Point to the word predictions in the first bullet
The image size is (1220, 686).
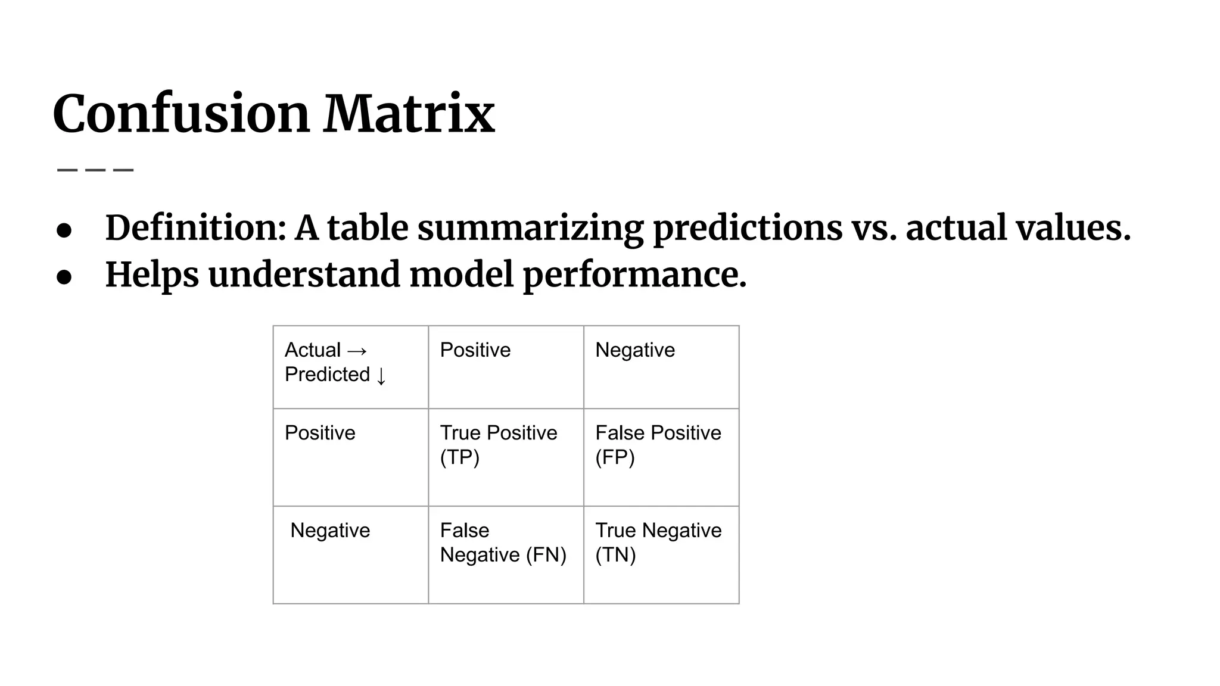pyautogui.click(x=748, y=229)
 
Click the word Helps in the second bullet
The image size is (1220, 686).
pyautogui.click(x=152, y=275)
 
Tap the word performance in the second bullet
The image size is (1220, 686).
pyautogui.click(x=634, y=275)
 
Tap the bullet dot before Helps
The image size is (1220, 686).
pyautogui.click(x=64, y=277)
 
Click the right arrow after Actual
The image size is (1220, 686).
pyautogui.click(x=357, y=351)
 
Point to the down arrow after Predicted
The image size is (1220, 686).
pyautogui.click(x=381, y=376)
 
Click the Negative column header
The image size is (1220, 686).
pyautogui.click(x=635, y=350)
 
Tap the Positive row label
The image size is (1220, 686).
pyautogui.click(x=320, y=433)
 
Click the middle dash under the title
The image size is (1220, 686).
pyautogui.click(x=95, y=170)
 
